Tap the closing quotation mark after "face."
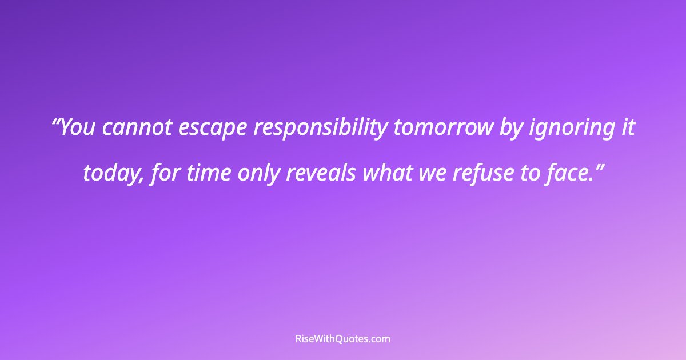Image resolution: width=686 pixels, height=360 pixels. pyautogui.click(x=597, y=166)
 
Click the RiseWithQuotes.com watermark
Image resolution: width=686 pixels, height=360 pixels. pyautogui.click(x=343, y=339)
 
